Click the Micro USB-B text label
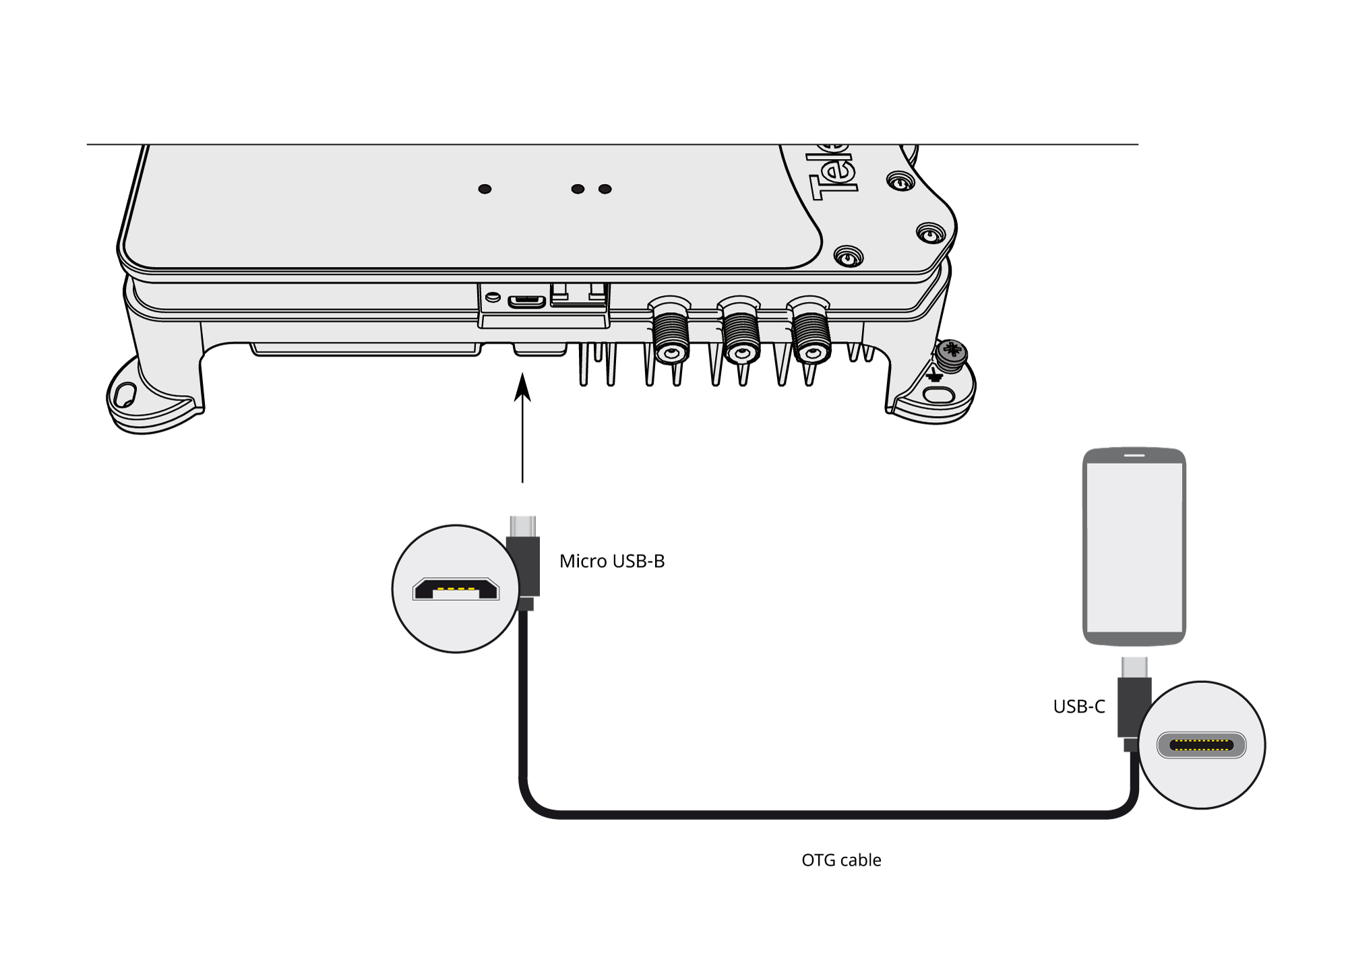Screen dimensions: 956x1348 [611, 561]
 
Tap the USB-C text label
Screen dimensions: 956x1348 [1079, 707]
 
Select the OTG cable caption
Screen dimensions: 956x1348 [841, 860]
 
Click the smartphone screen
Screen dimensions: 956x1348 [1134, 546]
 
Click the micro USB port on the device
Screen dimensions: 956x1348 [526, 301]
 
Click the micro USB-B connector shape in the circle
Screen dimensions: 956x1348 [456, 589]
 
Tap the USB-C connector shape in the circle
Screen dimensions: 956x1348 [1201, 745]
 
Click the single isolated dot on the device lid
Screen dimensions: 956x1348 [485, 189]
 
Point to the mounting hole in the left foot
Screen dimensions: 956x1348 [125, 394]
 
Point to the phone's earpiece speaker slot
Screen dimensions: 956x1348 [1134, 455]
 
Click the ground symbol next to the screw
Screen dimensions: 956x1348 [934, 375]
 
